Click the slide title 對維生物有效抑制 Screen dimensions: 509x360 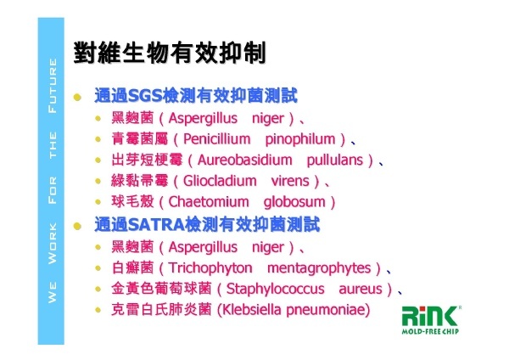coord(170,53)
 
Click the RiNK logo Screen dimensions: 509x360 coord(430,316)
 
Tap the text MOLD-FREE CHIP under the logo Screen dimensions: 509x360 coord(430,331)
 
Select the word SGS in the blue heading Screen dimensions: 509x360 coord(145,96)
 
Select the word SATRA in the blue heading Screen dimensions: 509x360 coord(156,224)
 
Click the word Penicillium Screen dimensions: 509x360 coord(217,139)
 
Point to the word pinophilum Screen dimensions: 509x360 coord(300,140)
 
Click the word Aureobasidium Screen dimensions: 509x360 coord(245,160)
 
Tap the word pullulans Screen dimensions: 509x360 coord(335,160)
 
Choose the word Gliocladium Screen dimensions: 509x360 coord(220,181)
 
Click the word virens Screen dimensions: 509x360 coord(290,181)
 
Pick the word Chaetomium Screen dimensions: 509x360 coord(209,202)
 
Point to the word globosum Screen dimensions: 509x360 coord(294,202)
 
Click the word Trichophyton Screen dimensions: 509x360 coord(210,268)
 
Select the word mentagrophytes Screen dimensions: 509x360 coord(319,268)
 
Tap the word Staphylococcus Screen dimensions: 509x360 coord(275,290)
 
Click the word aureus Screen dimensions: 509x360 coord(361,290)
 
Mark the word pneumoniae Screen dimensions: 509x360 coord(327,310)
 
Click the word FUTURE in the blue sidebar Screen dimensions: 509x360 coord(53,86)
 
